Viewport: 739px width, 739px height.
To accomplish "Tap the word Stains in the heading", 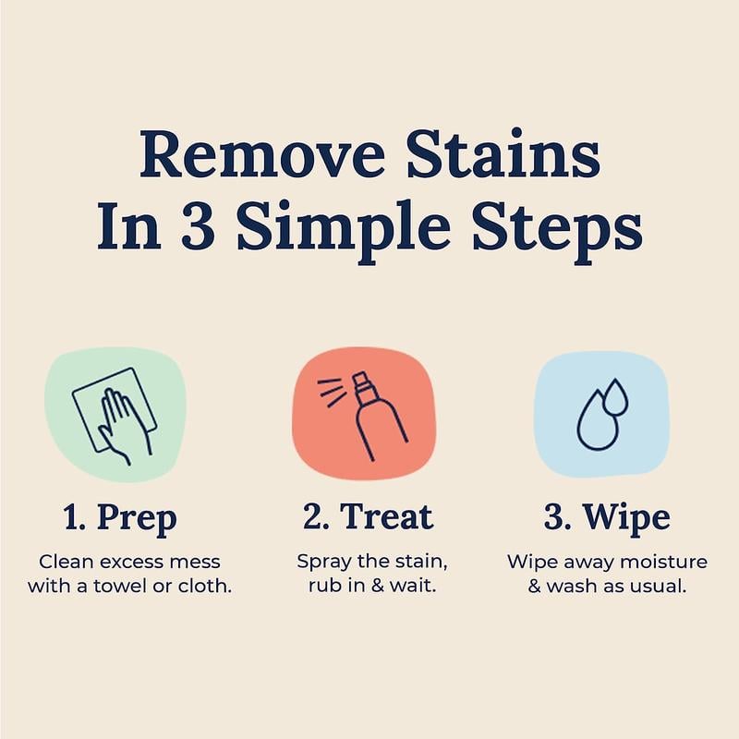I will pos(507,154).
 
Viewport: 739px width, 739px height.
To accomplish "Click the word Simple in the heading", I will pos(352,227).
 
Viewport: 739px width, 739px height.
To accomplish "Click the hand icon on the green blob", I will pos(116,420).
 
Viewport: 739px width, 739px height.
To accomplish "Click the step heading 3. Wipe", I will pos(605,517).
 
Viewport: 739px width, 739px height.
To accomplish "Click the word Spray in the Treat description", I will pos(320,562).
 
